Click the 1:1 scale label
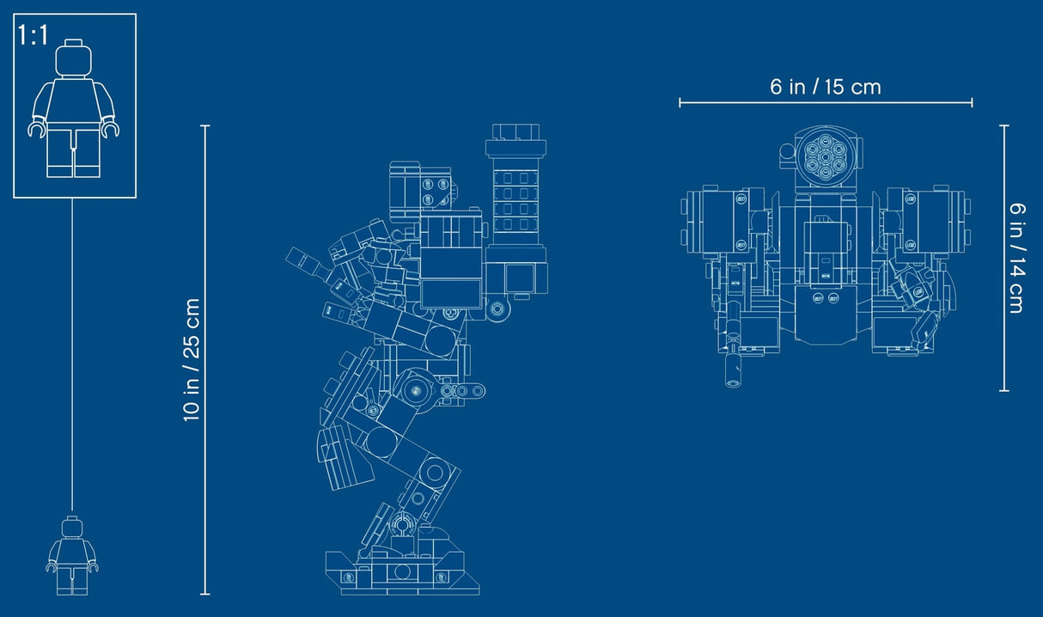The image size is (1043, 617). pos(33,35)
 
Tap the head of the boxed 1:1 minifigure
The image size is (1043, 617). pos(74,58)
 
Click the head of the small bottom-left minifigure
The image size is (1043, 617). pos(72,527)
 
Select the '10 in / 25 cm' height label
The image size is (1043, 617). pos(192,360)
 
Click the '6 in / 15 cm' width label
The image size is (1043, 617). pos(826,87)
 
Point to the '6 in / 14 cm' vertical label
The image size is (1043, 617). pos(1017,258)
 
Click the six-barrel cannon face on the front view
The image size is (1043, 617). pos(825,158)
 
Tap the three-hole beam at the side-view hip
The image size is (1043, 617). pos(462,391)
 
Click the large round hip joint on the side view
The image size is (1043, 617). pos(416,391)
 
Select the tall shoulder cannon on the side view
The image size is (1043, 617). pos(515,196)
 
